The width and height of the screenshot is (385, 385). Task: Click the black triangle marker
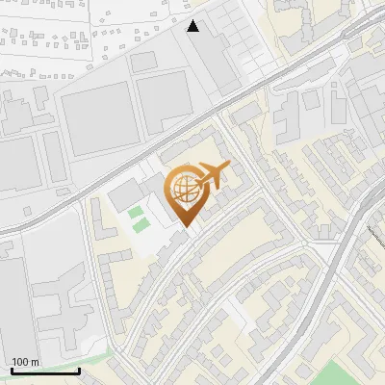coord(193,26)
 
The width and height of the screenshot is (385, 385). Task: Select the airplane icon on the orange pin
coord(212,175)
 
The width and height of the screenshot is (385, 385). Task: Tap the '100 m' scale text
coord(25,362)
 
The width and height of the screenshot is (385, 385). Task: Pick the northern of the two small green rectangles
coord(137,211)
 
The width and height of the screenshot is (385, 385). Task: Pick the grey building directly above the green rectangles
coord(124,196)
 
